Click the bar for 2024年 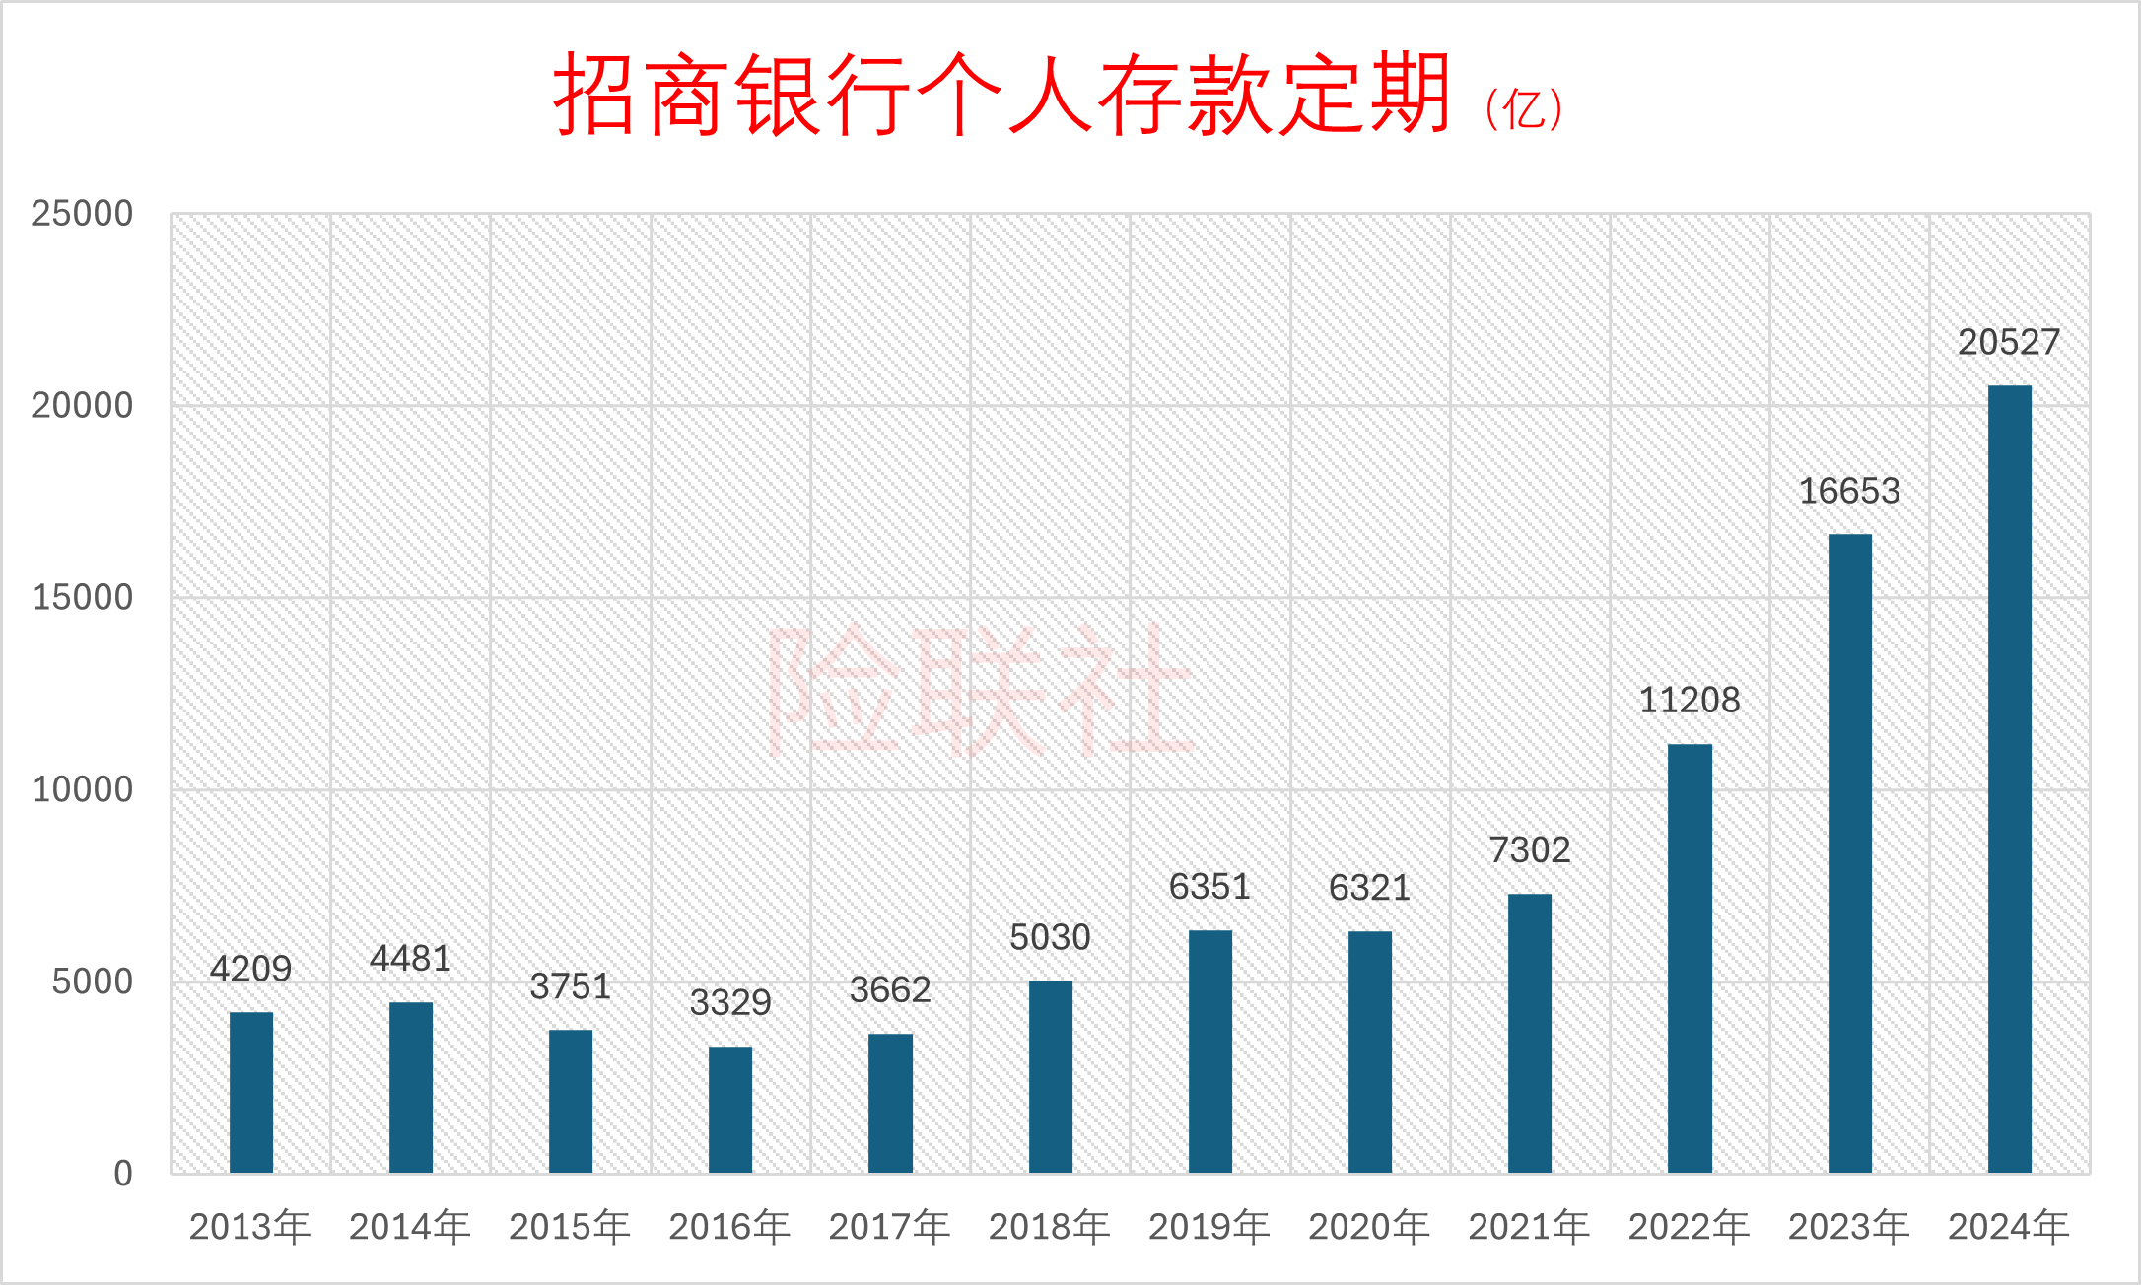pos(2009,778)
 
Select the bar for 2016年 pos(730,1109)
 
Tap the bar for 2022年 pos(1690,958)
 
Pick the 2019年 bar pos(1209,1050)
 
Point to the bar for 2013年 pos(251,1092)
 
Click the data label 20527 pos(2009,342)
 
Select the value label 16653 pos(1849,491)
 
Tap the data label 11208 pos(1690,700)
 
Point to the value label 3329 pos(730,1002)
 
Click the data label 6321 pos(1369,888)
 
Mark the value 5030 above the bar pos(1050,937)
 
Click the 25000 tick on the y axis pos(82,213)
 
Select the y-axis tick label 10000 pos(82,789)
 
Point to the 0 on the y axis pos(122,1173)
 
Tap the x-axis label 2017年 pos(889,1227)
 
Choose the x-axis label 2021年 pos(1529,1227)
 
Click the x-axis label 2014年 pos(410,1227)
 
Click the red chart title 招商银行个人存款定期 pos(1001,95)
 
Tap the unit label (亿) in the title pos(1524,108)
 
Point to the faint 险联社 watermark pos(980,690)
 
